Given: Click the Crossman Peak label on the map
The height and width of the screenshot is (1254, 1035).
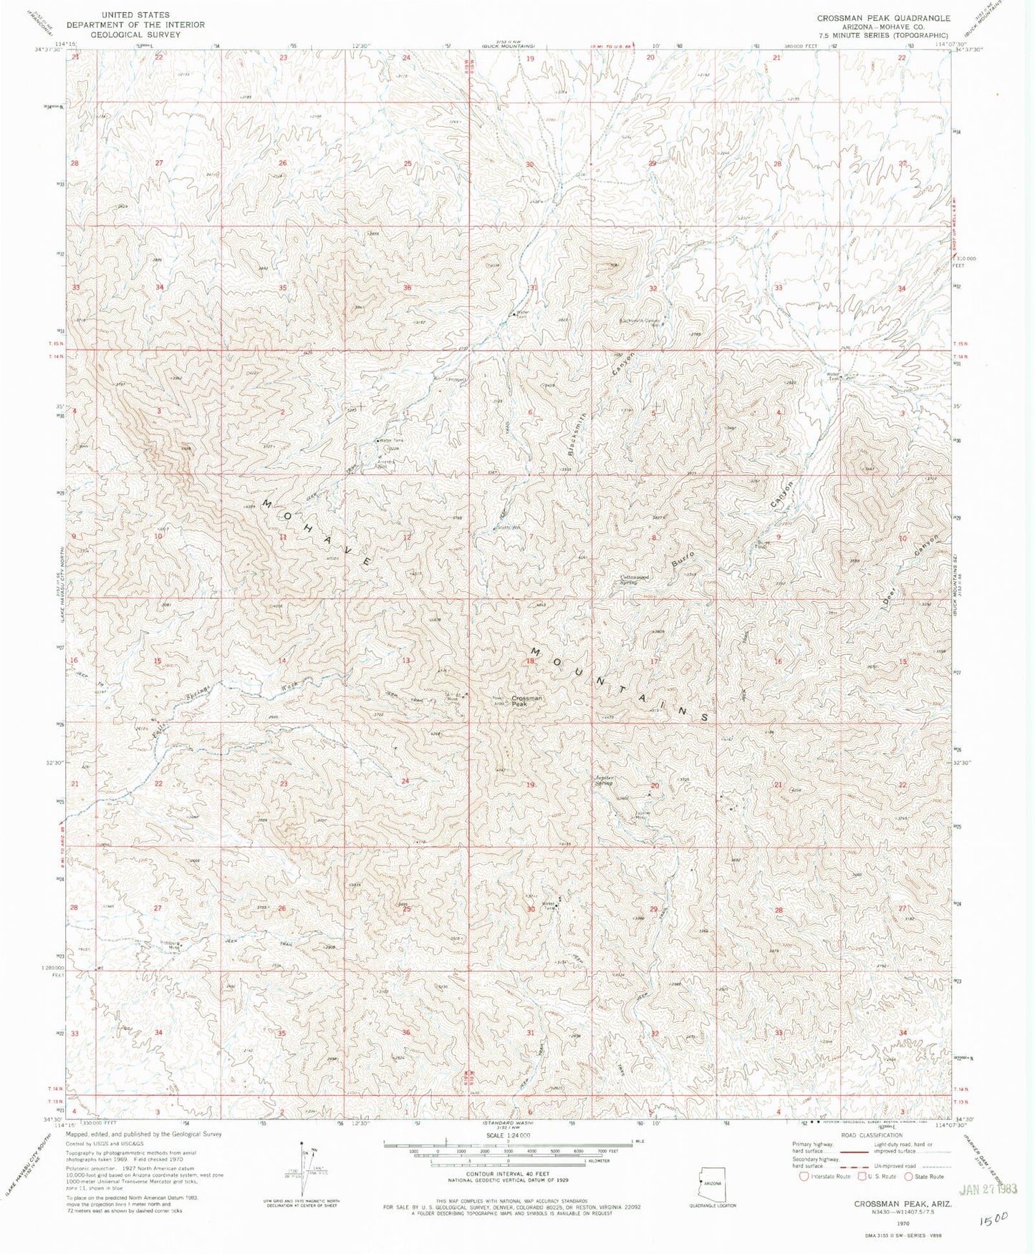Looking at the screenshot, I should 526,701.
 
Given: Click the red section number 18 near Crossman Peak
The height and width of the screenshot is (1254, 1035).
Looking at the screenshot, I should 530,662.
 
